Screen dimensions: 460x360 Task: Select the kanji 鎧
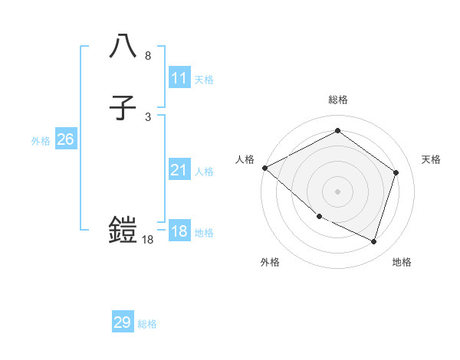pos(123,228)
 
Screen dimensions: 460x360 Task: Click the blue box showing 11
pos(179,78)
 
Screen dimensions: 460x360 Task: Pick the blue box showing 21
pos(179,170)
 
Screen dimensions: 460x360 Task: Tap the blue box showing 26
pos(65,139)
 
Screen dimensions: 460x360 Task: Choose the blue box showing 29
pos(123,322)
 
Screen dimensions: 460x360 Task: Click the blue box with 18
pos(179,231)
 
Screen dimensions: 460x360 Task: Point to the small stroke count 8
pos(148,56)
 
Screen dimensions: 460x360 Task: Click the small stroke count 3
pos(148,117)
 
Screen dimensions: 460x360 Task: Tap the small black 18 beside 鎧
pos(148,240)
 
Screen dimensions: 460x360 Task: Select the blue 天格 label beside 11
pos(204,80)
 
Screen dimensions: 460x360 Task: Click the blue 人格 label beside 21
pos(204,172)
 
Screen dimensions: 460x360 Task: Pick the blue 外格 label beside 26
pos(41,141)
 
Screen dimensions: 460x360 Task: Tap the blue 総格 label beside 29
pos(147,324)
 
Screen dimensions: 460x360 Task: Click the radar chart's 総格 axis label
pos(338,100)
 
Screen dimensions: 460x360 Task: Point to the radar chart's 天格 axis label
pos(432,159)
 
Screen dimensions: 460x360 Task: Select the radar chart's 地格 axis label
pos(402,262)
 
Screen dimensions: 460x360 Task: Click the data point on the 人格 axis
pos(264,168)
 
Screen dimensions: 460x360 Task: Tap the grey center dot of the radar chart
pos(337,191)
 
